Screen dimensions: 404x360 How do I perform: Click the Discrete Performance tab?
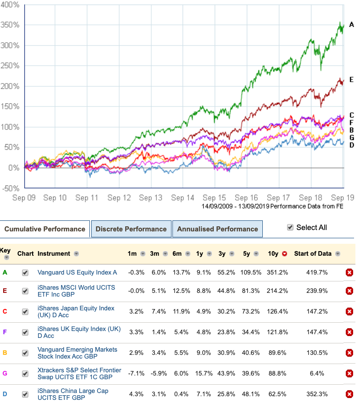[131, 229]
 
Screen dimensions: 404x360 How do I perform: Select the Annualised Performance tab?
[217, 229]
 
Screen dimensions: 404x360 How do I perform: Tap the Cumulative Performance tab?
[44, 229]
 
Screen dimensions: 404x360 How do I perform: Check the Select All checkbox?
[290, 227]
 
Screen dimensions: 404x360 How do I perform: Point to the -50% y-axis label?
[10, 188]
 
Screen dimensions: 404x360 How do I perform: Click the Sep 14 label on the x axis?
[183, 198]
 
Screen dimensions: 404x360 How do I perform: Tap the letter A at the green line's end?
[351, 24]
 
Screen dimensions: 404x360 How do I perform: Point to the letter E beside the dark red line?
[351, 79]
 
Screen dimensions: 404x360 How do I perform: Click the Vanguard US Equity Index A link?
[77, 272]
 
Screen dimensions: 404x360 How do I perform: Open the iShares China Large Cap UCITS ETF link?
[73, 394]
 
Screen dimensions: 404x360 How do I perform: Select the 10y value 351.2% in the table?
[277, 272]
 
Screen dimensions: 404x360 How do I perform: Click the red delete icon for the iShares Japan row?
[349, 312]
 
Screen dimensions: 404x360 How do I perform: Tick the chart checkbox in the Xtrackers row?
[25, 374]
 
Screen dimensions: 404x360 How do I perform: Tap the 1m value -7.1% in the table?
[136, 374]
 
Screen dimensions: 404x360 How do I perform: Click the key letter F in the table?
[5, 332]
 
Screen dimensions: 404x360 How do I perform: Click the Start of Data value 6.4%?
[317, 374]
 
